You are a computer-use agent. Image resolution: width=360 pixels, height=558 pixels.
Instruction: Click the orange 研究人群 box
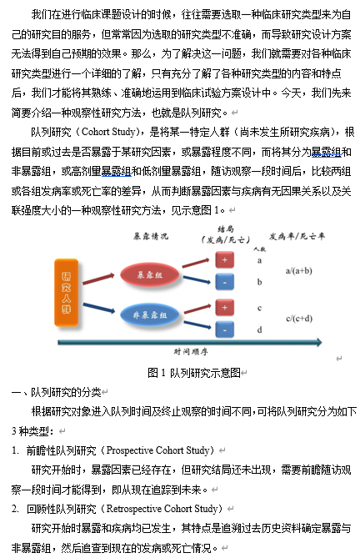66,293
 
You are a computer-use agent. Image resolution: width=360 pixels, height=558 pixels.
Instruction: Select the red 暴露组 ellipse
149,274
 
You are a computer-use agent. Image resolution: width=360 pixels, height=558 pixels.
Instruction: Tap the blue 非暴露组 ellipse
149,315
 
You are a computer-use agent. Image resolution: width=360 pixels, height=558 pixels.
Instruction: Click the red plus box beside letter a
225,259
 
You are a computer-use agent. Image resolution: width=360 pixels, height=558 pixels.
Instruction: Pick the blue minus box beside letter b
225,282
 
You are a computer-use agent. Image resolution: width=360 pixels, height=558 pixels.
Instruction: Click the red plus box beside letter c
225,308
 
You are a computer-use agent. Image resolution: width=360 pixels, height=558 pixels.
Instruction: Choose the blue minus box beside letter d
225,329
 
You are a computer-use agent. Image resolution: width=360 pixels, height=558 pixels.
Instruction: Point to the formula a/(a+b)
299,271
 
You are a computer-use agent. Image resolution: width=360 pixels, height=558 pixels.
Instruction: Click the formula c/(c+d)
299,319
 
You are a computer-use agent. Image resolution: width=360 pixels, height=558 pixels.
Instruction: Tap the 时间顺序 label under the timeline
191,352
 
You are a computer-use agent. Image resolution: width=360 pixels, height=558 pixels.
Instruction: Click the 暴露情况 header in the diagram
150,236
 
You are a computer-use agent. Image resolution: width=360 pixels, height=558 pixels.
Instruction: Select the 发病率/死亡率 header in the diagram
297,236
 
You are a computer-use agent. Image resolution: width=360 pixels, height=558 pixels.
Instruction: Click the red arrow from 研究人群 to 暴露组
98,279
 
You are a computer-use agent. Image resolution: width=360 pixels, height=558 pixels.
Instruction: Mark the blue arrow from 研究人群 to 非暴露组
98,308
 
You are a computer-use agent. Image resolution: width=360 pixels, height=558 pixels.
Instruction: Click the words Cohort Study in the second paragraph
108,132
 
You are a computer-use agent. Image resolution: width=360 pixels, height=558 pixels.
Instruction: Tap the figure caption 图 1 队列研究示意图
194,373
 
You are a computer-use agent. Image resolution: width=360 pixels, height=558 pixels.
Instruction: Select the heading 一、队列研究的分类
57,392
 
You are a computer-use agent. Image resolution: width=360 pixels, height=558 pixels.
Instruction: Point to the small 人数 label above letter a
260,249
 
